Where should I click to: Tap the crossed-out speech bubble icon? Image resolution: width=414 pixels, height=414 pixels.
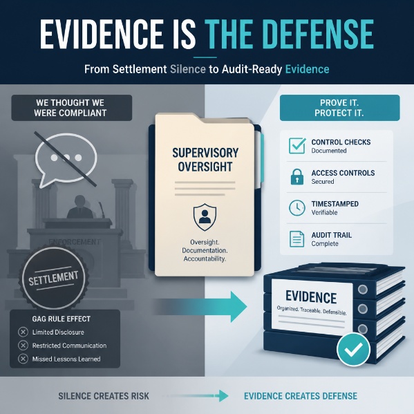66,160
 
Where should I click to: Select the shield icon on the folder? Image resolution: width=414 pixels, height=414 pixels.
205,217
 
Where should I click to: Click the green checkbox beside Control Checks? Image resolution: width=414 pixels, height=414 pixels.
297,145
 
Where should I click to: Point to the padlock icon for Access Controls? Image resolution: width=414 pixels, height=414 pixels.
297,177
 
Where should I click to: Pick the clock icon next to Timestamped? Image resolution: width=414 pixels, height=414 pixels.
297,208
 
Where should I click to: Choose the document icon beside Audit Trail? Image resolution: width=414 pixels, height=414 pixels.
297,239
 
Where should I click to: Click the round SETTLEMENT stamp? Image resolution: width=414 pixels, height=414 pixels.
54,277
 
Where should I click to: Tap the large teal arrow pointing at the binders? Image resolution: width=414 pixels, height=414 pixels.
200,307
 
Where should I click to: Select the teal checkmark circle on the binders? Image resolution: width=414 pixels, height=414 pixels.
354,350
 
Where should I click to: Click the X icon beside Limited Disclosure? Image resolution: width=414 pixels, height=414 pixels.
23,332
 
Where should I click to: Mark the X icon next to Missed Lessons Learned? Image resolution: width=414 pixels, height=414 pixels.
23,359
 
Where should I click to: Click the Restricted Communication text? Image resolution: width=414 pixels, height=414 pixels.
69,346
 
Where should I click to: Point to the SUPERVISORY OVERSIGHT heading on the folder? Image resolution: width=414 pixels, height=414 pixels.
205,160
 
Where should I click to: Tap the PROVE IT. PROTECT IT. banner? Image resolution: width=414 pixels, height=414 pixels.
340,108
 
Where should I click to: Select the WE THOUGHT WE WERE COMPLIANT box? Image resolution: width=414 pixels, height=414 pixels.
72,108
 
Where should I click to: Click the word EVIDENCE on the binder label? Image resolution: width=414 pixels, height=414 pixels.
311,297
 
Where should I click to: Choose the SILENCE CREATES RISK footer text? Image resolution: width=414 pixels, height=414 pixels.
104,396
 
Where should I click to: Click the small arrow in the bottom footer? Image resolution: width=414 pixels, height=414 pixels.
197,396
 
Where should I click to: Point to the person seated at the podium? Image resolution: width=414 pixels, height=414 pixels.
79,207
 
